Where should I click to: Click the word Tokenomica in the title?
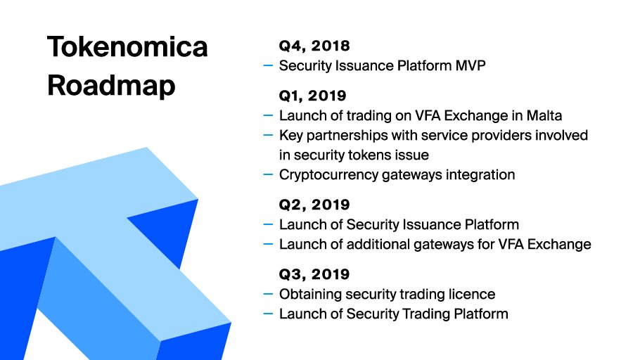point(127,46)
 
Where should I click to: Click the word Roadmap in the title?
point(111,86)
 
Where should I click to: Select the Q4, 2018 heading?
point(314,46)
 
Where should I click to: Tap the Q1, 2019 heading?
point(313,96)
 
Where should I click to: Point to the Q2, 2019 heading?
point(314,205)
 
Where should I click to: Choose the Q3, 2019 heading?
point(314,274)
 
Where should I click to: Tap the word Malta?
point(544,115)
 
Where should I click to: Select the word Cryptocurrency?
point(328,175)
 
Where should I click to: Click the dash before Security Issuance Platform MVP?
point(268,65)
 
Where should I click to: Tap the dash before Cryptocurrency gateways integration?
point(268,174)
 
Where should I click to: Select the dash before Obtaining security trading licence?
point(268,294)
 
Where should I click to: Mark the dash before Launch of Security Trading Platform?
point(268,314)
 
